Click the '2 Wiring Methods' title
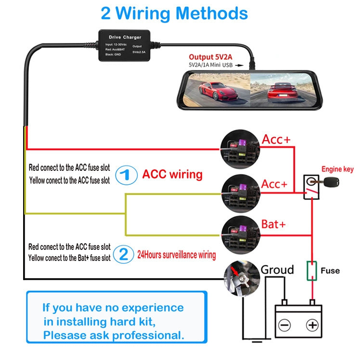(174, 13)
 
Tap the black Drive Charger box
(126, 46)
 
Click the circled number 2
(124, 254)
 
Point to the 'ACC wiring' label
(172, 174)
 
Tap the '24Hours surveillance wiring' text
(177, 254)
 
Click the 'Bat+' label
(273, 224)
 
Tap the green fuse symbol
(312, 271)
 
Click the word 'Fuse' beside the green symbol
(330, 271)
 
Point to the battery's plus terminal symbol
(313, 325)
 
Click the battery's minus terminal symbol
(285, 325)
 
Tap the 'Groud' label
(277, 270)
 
